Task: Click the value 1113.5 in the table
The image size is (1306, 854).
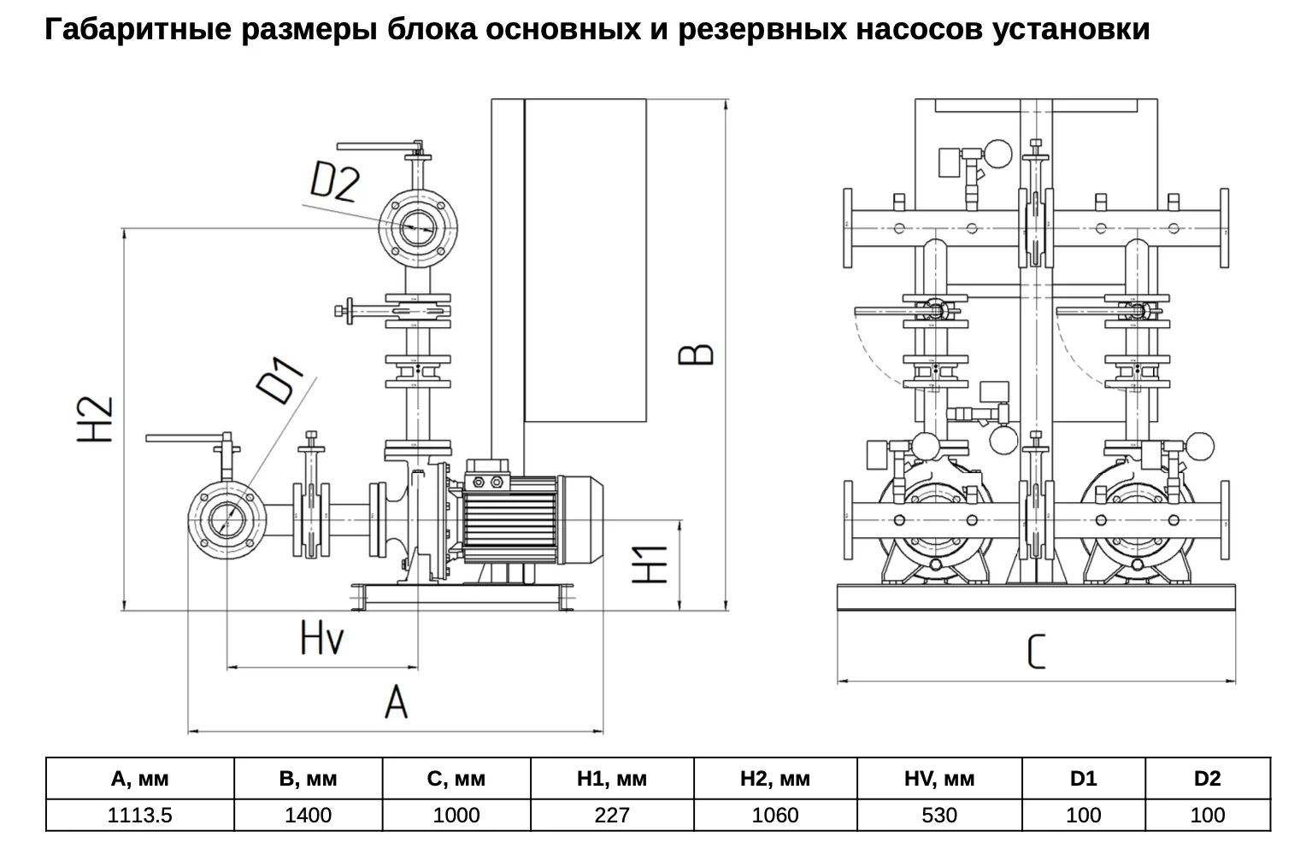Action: click(x=140, y=815)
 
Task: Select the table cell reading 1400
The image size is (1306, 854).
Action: click(x=308, y=815)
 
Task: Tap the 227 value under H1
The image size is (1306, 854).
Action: click(x=612, y=815)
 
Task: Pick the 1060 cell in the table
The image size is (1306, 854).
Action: click(x=775, y=815)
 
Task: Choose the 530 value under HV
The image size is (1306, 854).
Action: click(x=938, y=815)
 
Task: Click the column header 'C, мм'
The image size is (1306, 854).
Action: click(x=456, y=778)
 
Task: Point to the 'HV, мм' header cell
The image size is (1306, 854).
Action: click(x=938, y=778)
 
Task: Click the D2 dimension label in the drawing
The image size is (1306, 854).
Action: click(x=335, y=181)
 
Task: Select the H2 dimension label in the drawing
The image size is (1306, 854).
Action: click(x=95, y=419)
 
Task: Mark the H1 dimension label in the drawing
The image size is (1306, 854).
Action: click(x=650, y=564)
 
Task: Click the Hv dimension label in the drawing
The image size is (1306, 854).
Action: click(x=322, y=637)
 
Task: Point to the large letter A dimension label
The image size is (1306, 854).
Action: click(x=396, y=701)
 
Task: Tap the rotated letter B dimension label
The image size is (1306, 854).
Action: click(x=696, y=354)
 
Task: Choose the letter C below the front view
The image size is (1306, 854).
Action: click(x=1035, y=652)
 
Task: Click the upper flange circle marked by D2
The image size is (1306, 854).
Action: click(x=417, y=228)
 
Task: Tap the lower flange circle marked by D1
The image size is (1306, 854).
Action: click(x=226, y=519)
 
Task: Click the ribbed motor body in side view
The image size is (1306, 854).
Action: click(x=509, y=519)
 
